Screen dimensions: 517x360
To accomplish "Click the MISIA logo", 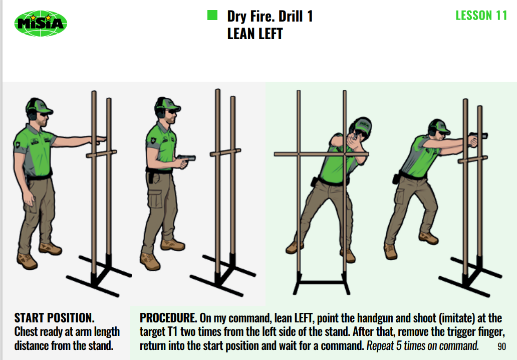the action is coord(41,24).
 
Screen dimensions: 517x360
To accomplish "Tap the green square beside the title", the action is coord(212,15).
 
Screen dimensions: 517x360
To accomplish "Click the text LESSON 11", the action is coord(481,16).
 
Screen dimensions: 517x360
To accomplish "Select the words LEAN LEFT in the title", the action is coord(255,34).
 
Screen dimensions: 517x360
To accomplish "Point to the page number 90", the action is coord(501,346).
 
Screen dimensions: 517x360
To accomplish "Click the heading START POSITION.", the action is coord(55,318).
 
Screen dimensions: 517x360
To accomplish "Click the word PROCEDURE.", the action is coord(168,318).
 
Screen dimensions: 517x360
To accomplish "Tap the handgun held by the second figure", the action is coord(186,159).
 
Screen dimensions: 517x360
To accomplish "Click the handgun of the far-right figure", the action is coord(478,135).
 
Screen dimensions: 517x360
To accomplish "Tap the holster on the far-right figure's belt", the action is coord(396,178).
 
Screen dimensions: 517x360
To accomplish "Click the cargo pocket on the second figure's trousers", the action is coord(155,198).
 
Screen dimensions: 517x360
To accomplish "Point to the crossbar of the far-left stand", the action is coord(102,154).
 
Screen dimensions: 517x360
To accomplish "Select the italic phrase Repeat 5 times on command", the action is coord(423,346).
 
